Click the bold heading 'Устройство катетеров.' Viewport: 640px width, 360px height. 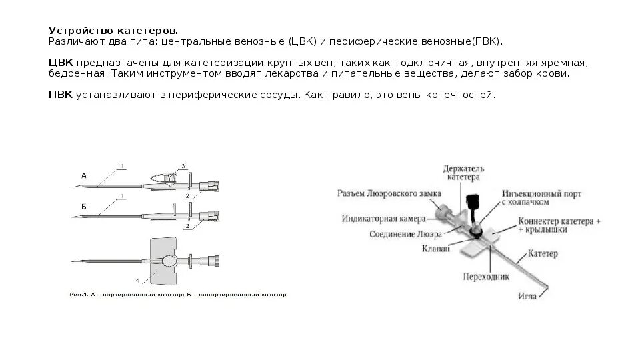pyautogui.click(x=113, y=31)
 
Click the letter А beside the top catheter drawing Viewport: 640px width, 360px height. pyautogui.click(x=84, y=175)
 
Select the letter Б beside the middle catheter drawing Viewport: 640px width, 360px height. pyautogui.click(x=84, y=207)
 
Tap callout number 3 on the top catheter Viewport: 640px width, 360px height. pyautogui.click(x=183, y=165)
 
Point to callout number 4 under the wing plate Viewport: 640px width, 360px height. pyautogui.click(x=139, y=280)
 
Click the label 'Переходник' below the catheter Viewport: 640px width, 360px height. pyautogui.click(x=482, y=275)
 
